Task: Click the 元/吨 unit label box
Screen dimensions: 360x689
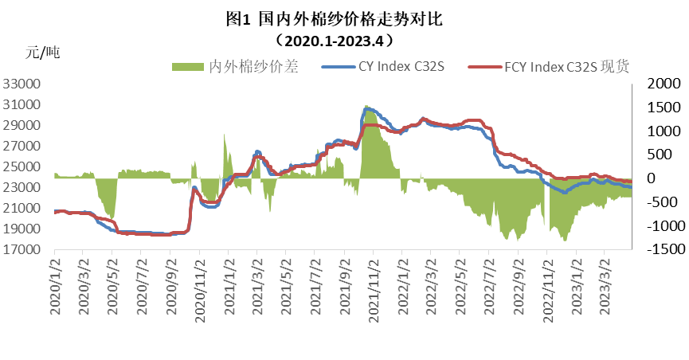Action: point(68,53)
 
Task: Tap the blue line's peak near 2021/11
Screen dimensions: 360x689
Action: point(366,107)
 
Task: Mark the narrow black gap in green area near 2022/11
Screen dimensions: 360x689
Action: point(547,204)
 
